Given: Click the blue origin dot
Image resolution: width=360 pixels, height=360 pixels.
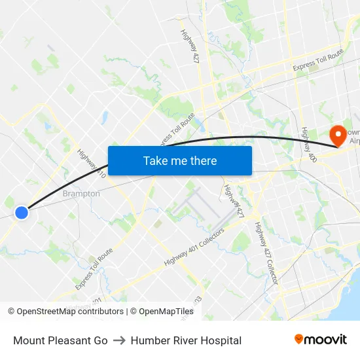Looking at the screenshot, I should tap(22, 212).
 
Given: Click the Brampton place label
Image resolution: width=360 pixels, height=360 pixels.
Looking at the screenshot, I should tap(81, 194).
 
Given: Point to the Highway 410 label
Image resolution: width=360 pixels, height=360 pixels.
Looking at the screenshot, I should tap(91, 164).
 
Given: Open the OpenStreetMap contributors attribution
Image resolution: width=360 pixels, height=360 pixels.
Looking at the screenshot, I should tap(70, 312).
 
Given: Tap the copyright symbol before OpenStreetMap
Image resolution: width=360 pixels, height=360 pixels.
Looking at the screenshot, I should tap(11, 312).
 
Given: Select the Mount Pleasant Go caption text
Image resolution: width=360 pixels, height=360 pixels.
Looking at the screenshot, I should tap(60, 340).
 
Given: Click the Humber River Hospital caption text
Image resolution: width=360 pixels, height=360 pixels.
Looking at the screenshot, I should tap(186, 340).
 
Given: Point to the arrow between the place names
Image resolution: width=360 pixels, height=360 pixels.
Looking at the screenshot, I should tap(119, 340).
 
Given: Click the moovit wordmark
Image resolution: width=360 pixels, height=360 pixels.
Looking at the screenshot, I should tap(326, 339).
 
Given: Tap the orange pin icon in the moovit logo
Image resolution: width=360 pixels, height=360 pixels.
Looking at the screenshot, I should tap(299, 339).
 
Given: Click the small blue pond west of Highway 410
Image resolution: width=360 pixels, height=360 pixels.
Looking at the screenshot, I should tap(103, 118).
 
